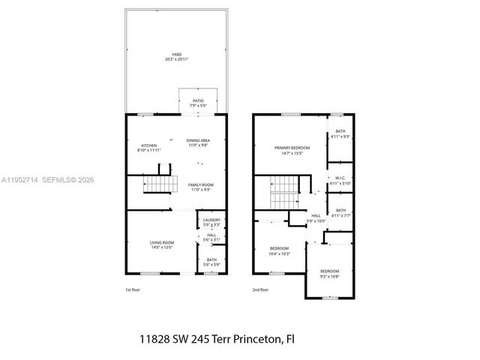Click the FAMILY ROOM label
[x=200, y=186]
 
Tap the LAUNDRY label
[x=211, y=222]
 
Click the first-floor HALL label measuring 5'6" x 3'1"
[x=211, y=237]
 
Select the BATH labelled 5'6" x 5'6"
[x=211, y=262]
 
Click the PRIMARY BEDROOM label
[x=292, y=150]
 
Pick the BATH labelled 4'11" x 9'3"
[x=340, y=133]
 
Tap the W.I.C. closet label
[x=340, y=181]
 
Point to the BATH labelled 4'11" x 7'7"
[x=340, y=212]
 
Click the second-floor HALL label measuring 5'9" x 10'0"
[x=316, y=218]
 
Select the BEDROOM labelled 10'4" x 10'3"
[x=279, y=250]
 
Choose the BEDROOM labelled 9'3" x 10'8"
[x=329, y=274]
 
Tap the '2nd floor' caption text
[x=261, y=290]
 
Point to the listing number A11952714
[x=22, y=180]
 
